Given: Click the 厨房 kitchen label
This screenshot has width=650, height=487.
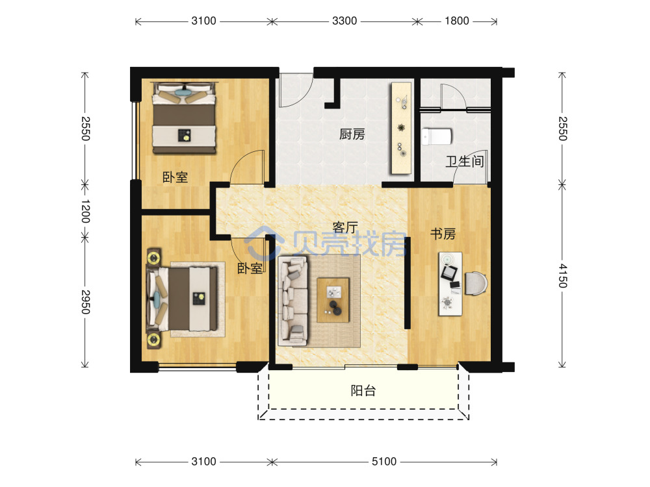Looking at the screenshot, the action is click(x=352, y=134).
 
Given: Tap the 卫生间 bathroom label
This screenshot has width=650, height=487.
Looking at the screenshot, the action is click(x=465, y=161).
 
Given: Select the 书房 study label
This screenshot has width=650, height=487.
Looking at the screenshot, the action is click(x=443, y=234).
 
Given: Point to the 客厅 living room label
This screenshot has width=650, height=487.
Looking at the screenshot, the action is click(x=345, y=227).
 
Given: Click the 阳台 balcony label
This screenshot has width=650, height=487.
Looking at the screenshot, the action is click(x=363, y=390).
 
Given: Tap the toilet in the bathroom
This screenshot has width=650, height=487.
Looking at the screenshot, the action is click(x=437, y=136).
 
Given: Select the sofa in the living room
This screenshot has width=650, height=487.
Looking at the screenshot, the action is click(x=293, y=301).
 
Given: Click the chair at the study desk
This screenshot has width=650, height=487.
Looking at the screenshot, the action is click(x=476, y=284).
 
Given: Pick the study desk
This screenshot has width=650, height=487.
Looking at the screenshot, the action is click(x=450, y=284).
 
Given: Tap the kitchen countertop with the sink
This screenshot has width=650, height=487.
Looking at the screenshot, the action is click(x=402, y=128).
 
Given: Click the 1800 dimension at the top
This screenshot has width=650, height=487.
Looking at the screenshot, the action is click(x=457, y=21).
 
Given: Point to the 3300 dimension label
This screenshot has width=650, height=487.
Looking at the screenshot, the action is click(x=344, y=21).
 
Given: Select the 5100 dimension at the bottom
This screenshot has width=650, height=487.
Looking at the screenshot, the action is click(x=384, y=461).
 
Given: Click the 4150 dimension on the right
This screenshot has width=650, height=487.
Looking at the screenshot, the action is click(x=562, y=275).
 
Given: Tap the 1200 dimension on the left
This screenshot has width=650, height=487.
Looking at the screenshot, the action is click(x=85, y=211).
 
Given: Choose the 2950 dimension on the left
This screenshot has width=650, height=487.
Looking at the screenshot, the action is click(x=85, y=301).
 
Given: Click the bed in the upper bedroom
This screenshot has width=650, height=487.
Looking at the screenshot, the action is click(x=185, y=118).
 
